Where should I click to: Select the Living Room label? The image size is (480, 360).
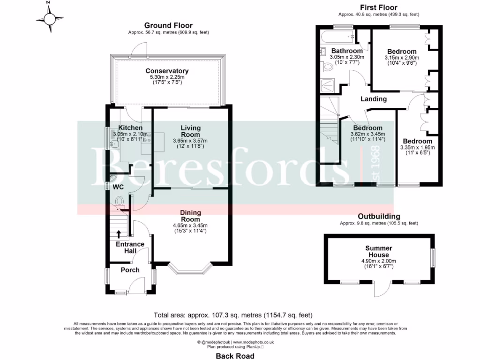click(x=190, y=131)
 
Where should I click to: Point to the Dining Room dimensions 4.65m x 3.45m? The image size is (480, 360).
click(x=190, y=225)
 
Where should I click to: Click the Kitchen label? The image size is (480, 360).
click(x=130, y=127)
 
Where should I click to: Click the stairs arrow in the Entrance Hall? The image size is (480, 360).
click(x=118, y=234)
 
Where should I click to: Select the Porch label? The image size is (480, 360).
click(x=130, y=270)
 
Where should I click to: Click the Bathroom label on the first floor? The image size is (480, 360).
click(x=347, y=51)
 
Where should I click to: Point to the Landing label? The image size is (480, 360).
click(x=373, y=99)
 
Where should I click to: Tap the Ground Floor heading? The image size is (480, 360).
click(x=168, y=25)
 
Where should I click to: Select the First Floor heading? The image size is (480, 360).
click(x=378, y=7)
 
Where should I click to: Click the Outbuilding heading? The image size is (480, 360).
click(x=379, y=216)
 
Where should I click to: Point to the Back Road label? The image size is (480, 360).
click(x=235, y=356)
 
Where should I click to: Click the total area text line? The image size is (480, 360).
click(x=233, y=315)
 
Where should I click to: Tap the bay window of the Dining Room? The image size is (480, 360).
click(x=191, y=269)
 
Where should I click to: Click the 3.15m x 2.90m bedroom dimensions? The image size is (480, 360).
click(x=402, y=58)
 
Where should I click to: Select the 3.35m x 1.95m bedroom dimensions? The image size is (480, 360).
click(x=417, y=147)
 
